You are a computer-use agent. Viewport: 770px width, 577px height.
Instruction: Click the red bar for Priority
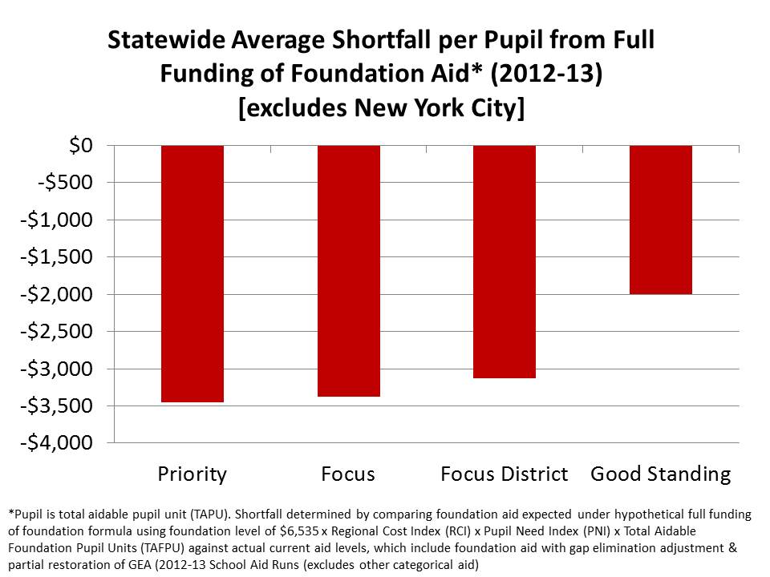coord(192,273)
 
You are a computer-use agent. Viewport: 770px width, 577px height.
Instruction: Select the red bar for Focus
coord(348,271)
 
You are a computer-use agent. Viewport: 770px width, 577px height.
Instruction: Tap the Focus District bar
coord(505,261)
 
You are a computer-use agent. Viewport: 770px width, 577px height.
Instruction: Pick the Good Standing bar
coord(660,220)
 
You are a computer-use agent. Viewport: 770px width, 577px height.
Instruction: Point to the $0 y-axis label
coord(80,146)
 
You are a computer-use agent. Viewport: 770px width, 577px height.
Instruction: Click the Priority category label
coord(192,474)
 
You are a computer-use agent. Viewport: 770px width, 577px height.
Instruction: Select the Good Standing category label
coord(660,474)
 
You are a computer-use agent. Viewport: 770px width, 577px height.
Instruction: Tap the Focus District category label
coord(505,474)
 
